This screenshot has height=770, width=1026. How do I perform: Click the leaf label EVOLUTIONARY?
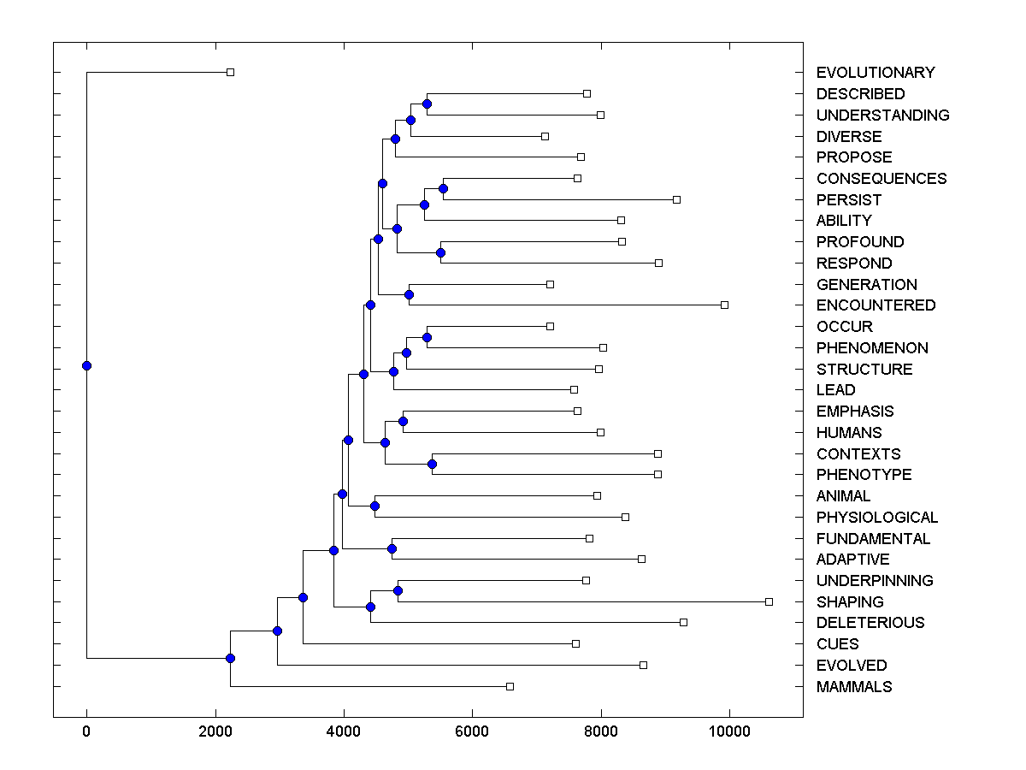876,73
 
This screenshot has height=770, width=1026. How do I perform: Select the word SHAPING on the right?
850,601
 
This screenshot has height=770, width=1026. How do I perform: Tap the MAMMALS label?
854,686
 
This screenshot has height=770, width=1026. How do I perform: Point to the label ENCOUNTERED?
876,305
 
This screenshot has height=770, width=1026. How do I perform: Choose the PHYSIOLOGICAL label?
877,517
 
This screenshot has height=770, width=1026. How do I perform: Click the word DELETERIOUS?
870,623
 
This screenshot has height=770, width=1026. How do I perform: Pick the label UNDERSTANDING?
882,115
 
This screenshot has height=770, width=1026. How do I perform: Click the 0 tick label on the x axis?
86,731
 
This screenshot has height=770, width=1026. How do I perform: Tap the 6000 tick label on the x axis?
472,731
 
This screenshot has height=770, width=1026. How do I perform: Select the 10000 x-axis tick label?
729,731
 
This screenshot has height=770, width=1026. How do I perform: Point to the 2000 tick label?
215,731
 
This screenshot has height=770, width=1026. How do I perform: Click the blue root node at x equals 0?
86,365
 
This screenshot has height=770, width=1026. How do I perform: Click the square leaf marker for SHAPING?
769,601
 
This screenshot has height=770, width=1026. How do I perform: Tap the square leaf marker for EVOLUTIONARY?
230,73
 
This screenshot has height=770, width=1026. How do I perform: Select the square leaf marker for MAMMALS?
510,686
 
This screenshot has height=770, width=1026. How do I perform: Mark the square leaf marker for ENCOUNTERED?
724,305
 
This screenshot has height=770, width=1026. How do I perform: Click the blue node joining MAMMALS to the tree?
230,658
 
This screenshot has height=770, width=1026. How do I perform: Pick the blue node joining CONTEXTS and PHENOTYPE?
432,464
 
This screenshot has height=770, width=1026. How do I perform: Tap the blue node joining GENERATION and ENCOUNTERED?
409,294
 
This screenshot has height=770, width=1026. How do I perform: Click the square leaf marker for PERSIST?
676,199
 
